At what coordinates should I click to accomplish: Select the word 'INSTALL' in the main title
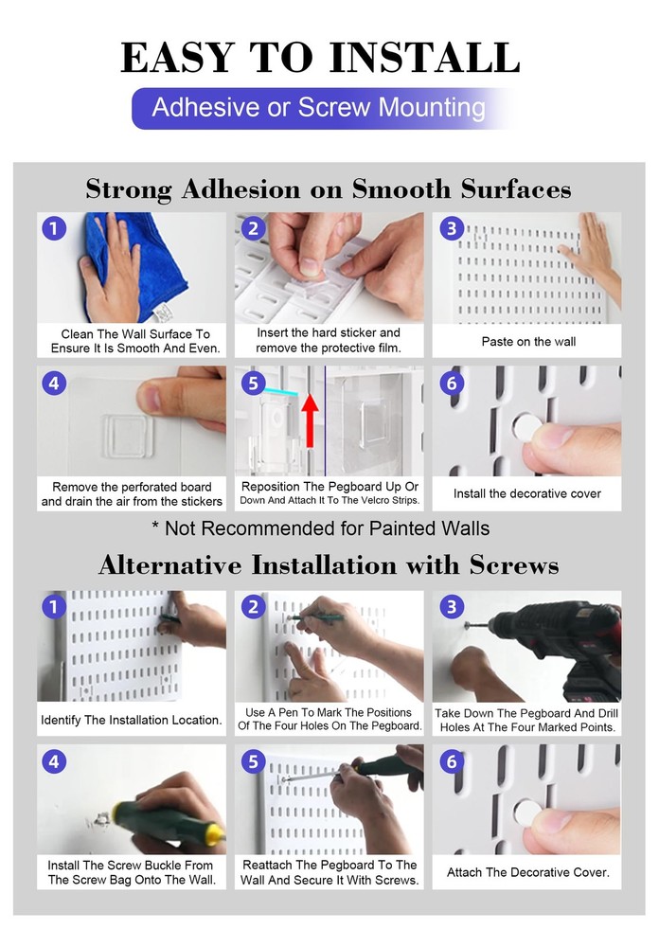tap(424, 58)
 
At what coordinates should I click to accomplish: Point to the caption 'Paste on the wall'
tap(528, 342)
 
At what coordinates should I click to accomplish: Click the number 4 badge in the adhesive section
tap(54, 383)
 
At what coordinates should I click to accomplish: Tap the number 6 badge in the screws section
tap(452, 761)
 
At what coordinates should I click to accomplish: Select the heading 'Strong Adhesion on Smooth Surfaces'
tap(329, 189)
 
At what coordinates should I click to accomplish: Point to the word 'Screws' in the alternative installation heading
tap(514, 565)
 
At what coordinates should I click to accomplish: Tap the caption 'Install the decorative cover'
tap(527, 494)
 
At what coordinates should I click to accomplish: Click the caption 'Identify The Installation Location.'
tap(132, 720)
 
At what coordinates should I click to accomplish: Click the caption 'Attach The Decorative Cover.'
tap(528, 873)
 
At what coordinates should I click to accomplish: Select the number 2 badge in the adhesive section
tap(253, 228)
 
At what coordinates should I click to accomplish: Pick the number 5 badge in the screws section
tap(253, 761)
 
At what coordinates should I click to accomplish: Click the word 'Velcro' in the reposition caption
tap(360, 501)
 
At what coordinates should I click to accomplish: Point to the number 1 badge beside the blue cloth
tap(54, 228)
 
